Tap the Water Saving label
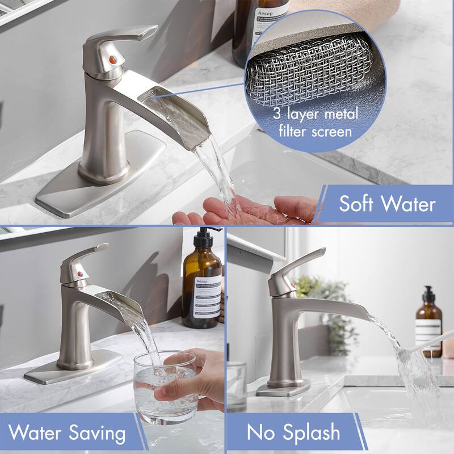67,434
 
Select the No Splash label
293,434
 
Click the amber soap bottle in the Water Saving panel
201,289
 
